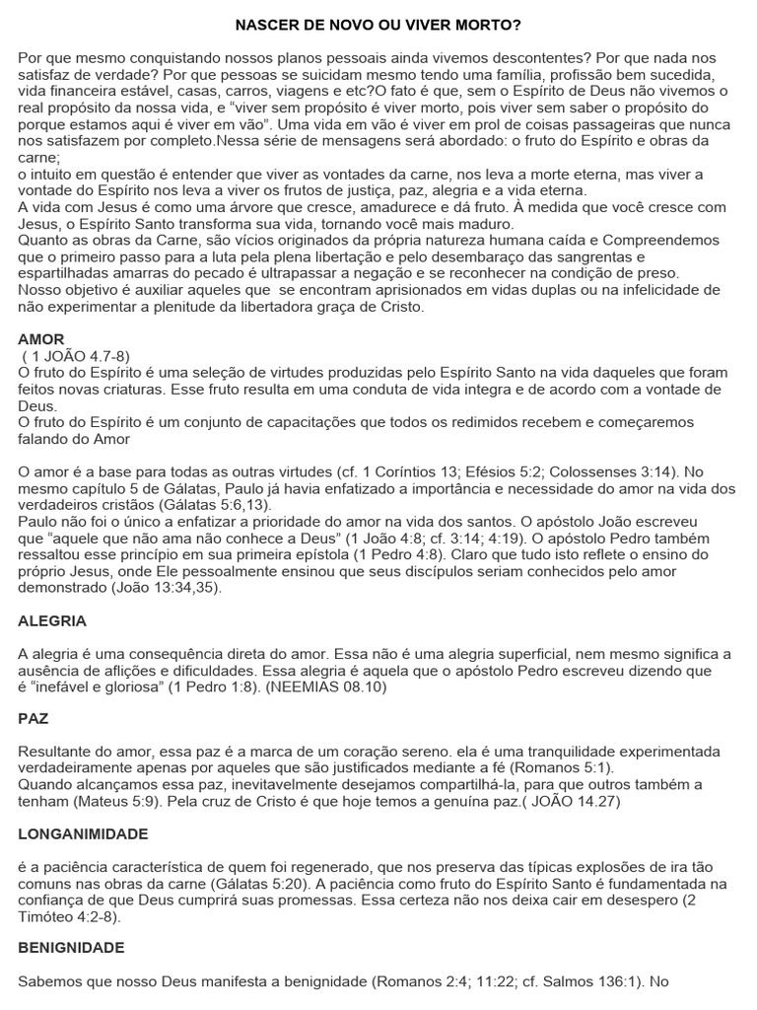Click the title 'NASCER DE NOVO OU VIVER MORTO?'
click(378, 23)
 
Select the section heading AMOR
click(40, 339)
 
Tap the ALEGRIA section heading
click(53, 621)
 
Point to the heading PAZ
click(34, 719)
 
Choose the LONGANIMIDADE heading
click(83, 833)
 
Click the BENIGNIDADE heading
click(71, 948)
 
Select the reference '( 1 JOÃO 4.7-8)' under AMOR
click(75, 356)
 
